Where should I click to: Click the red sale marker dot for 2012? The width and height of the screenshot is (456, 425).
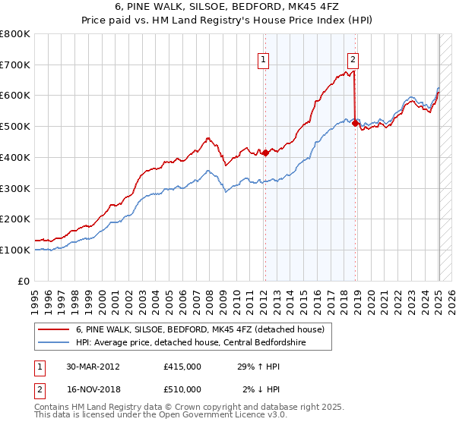click(265, 153)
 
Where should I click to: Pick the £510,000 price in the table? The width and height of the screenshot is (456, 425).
click(182, 389)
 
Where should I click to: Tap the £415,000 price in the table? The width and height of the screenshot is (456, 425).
click(182, 367)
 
